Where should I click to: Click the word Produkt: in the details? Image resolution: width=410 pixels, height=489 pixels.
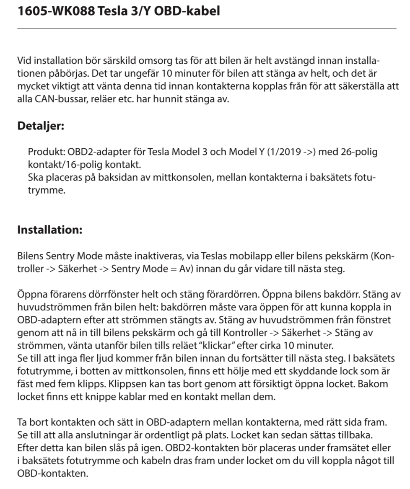[46, 152]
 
